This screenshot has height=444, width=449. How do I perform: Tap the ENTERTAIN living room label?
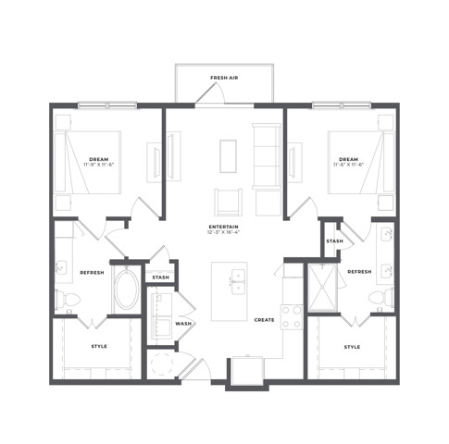click(x=225, y=225)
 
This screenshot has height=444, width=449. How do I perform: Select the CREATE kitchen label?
click(x=264, y=319)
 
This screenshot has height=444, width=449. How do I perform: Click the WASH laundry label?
click(x=183, y=323)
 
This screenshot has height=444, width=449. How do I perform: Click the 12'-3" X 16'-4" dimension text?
click(x=225, y=231)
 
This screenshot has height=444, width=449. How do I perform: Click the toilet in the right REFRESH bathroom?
click(x=382, y=297)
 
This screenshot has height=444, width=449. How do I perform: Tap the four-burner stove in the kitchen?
click(x=292, y=317)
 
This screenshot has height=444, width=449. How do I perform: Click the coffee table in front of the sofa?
click(x=228, y=155)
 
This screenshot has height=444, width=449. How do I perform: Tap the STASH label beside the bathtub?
click(x=161, y=276)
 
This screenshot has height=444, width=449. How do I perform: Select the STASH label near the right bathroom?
click(x=334, y=241)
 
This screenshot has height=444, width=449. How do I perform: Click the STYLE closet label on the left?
click(x=98, y=347)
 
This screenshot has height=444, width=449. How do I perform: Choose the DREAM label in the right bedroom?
click(x=347, y=159)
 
